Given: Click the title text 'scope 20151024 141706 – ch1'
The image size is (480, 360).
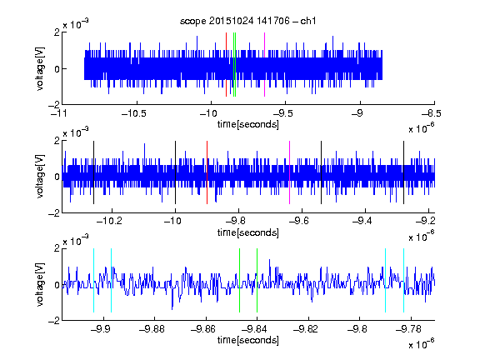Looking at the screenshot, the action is click(x=247, y=21).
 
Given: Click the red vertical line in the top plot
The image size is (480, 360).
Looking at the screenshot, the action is click(x=226, y=65).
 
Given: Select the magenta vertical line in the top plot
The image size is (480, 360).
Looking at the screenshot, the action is click(x=264, y=65).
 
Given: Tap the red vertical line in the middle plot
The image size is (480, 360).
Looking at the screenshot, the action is click(x=207, y=172).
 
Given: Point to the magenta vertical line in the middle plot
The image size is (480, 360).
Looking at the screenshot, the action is click(x=290, y=172).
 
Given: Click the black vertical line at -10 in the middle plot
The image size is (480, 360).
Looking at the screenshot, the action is click(x=175, y=172).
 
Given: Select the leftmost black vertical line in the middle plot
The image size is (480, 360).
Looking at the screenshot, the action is click(x=93, y=172).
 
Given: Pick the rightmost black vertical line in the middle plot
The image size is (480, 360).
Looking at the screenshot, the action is click(x=403, y=172).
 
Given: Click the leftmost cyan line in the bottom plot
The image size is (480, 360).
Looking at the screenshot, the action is click(x=93, y=280).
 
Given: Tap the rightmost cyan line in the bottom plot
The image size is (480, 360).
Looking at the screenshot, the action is click(x=403, y=280).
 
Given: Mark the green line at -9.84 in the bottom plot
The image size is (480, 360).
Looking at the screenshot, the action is click(x=257, y=280).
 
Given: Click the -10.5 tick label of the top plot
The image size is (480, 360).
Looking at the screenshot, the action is click(x=134, y=113).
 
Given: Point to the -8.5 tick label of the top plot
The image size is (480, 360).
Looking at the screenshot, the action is click(x=432, y=113).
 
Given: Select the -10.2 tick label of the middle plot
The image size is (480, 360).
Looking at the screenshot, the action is click(x=109, y=221).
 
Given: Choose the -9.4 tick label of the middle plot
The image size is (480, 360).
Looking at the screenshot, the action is click(x=362, y=221).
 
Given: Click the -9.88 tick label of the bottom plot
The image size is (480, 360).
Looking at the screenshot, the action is click(x=152, y=329).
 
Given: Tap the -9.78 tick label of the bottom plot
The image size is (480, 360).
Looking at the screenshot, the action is click(x=408, y=329).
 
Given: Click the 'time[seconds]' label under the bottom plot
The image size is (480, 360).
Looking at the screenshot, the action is click(x=248, y=340).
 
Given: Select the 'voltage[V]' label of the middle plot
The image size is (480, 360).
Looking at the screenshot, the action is click(x=40, y=177).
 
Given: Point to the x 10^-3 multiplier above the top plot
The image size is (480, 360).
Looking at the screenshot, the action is click(x=76, y=24).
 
